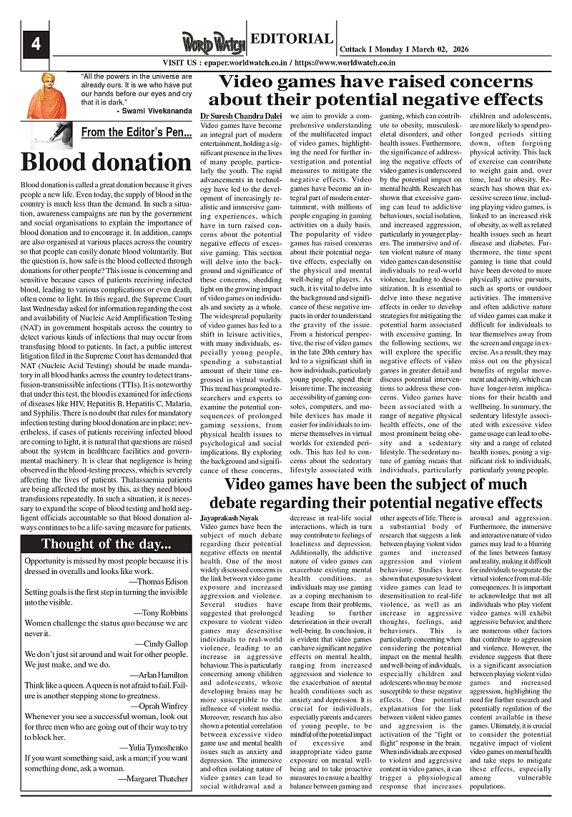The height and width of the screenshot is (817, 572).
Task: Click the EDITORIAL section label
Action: [x=292, y=39]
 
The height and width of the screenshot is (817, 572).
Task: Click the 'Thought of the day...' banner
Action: [x=107, y=544]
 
